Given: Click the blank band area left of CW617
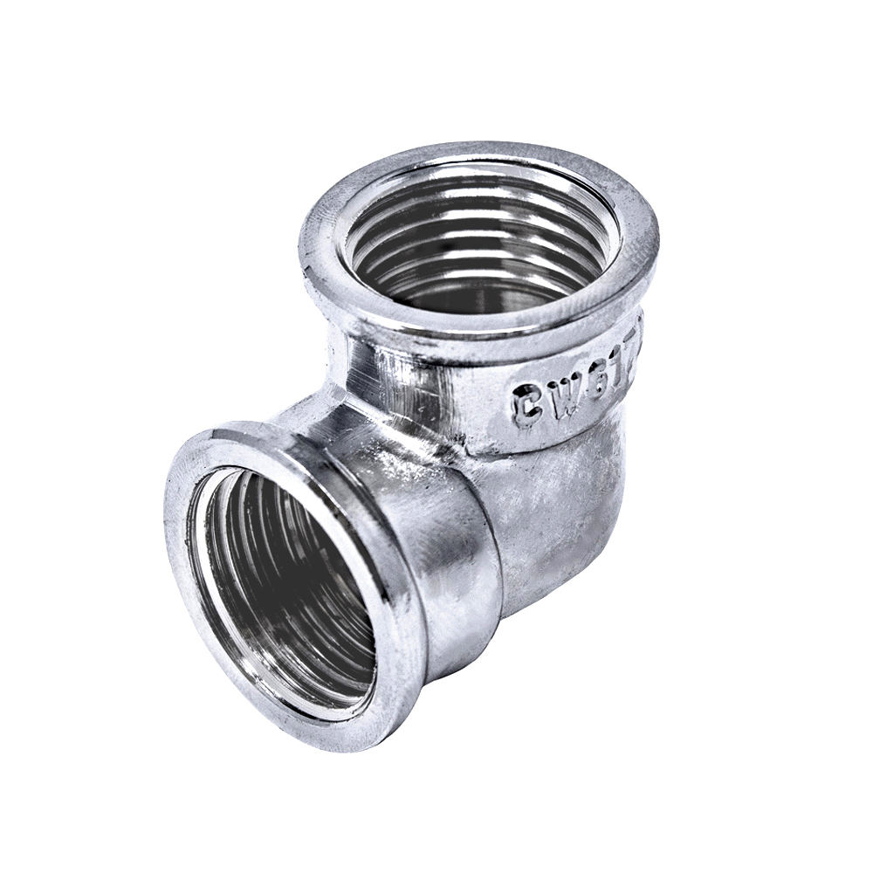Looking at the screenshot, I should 419,384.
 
